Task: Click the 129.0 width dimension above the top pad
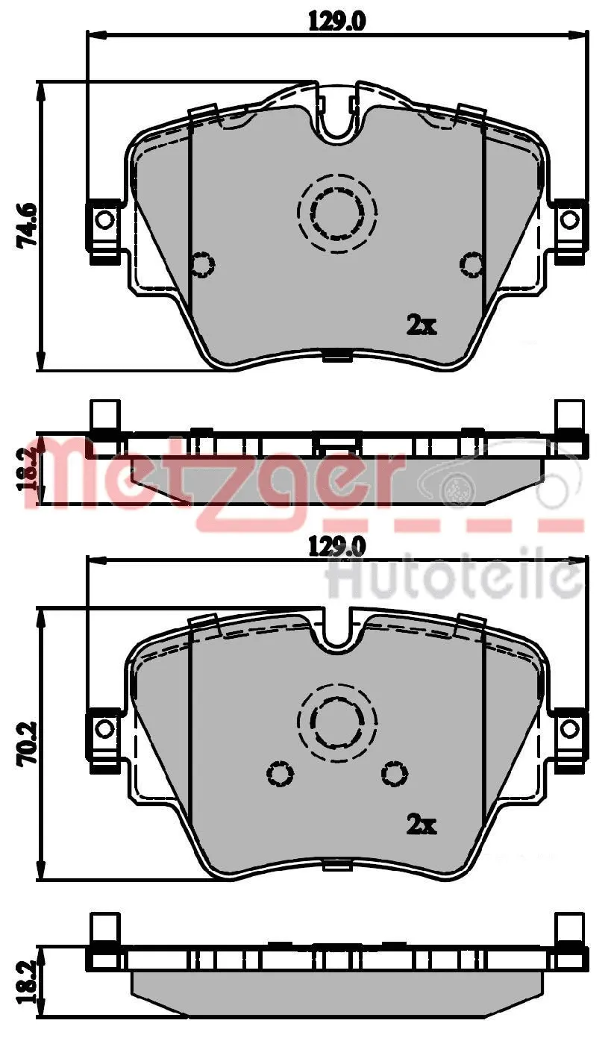point(336,22)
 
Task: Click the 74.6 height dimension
point(28,226)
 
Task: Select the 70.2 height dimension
point(28,743)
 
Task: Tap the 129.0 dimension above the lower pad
point(336,547)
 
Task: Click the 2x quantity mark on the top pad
point(421,325)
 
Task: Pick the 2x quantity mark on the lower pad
point(421,825)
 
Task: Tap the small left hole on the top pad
point(202,264)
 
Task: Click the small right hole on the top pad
point(472,264)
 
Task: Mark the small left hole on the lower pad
point(281,774)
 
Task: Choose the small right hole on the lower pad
point(395,774)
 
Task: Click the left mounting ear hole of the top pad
point(105,219)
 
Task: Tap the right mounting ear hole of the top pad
point(569,219)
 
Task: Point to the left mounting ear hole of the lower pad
point(105,728)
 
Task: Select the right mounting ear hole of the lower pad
point(569,728)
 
